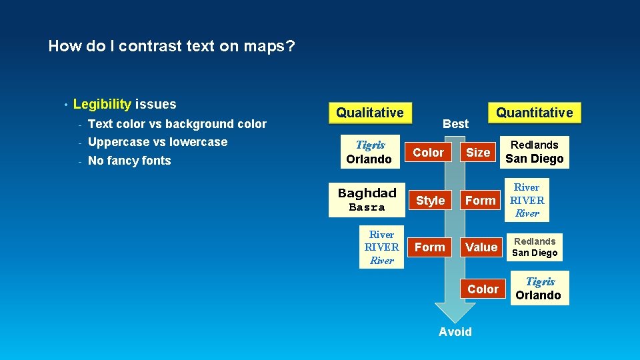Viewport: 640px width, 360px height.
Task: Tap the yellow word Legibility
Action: [102, 104]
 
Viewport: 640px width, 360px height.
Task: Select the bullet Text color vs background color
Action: [177, 124]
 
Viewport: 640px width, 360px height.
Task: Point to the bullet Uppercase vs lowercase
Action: [157, 142]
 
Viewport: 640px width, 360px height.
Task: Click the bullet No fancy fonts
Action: [129, 161]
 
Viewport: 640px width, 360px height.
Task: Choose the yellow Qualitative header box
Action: [369, 113]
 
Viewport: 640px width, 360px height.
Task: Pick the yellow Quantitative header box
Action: [535, 113]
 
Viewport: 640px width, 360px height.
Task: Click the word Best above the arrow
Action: [455, 123]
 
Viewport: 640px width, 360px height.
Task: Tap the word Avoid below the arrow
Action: [455, 332]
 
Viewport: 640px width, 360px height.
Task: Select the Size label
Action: [477, 153]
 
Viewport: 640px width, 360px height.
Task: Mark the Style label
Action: [430, 200]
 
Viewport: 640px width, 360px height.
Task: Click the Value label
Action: [481, 247]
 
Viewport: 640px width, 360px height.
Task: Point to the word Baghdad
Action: [367, 193]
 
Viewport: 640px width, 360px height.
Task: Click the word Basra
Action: [367, 207]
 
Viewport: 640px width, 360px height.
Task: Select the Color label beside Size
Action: [428, 153]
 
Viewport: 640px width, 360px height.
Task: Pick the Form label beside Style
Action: [480, 200]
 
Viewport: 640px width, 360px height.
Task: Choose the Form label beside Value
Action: [430, 247]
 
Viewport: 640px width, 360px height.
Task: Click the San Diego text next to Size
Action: [535, 159]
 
